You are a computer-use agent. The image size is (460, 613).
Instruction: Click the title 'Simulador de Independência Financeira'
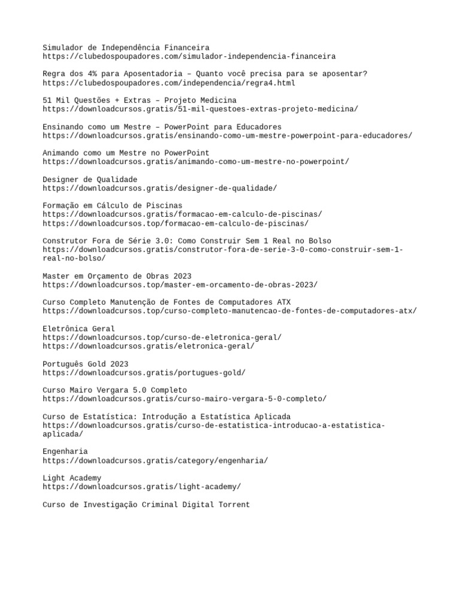[x=126, y=47]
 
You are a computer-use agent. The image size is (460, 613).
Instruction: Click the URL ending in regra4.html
[x=169, y=83]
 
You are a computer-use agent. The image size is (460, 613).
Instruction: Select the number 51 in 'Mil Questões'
[x=47, y=100]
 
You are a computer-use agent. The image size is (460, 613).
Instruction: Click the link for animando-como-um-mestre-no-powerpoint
[x=195, y=162]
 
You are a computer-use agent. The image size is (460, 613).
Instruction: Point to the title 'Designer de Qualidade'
[x=90, y=180]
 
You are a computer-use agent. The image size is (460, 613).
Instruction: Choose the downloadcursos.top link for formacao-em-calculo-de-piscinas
[x=175, y=223]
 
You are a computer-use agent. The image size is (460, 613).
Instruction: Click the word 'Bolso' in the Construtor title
[x=318, y=241]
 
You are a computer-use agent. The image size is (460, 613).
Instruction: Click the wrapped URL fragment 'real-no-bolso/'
[x=74, y=258]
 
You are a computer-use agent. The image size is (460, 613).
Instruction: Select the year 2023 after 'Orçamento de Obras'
[x=182, y=276]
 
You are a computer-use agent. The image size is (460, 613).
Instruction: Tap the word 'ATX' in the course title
[x=283, y=302]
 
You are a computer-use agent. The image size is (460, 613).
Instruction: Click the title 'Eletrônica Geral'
[x=78, y=329]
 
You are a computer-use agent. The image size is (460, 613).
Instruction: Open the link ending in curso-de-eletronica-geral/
[x=162, y=338]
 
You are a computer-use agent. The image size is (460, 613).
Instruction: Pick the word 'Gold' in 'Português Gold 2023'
[x=101, y=364]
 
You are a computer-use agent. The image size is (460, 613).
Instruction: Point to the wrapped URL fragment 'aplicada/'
[x=62, y=434]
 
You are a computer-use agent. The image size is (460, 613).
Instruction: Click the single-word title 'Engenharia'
[x=65, y=451]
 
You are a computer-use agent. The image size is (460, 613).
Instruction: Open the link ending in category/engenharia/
[x=155, y=460]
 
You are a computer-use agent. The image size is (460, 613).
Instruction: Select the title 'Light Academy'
[x=72, y=478]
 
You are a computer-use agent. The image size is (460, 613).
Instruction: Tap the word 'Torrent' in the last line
[x=234, y=505]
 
